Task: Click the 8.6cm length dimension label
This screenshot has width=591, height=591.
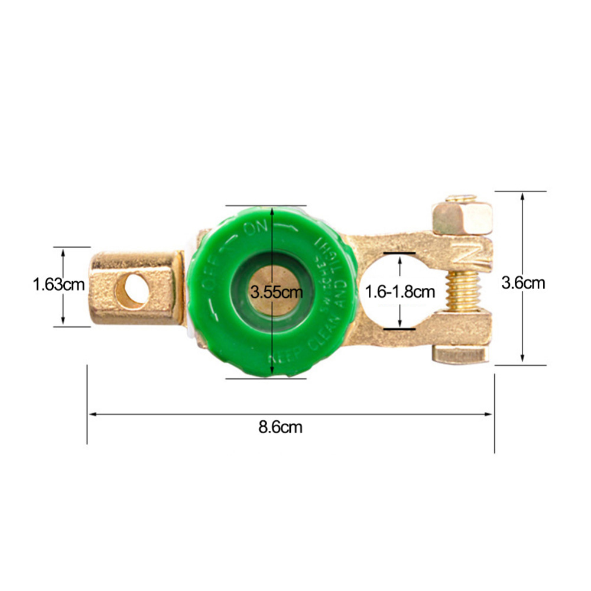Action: (280, 427)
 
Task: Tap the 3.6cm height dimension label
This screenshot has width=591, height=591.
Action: (523, 283)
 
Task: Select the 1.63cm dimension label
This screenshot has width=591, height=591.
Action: (59, 285)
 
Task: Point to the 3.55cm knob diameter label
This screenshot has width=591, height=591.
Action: (276, 291)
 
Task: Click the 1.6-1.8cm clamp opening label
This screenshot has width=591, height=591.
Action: (400, 291)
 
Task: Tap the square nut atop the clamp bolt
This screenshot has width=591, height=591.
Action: (462, 217)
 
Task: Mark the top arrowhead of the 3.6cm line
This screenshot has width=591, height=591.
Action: (522, 196)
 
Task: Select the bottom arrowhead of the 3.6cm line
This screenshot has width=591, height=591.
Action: (522, 360)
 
